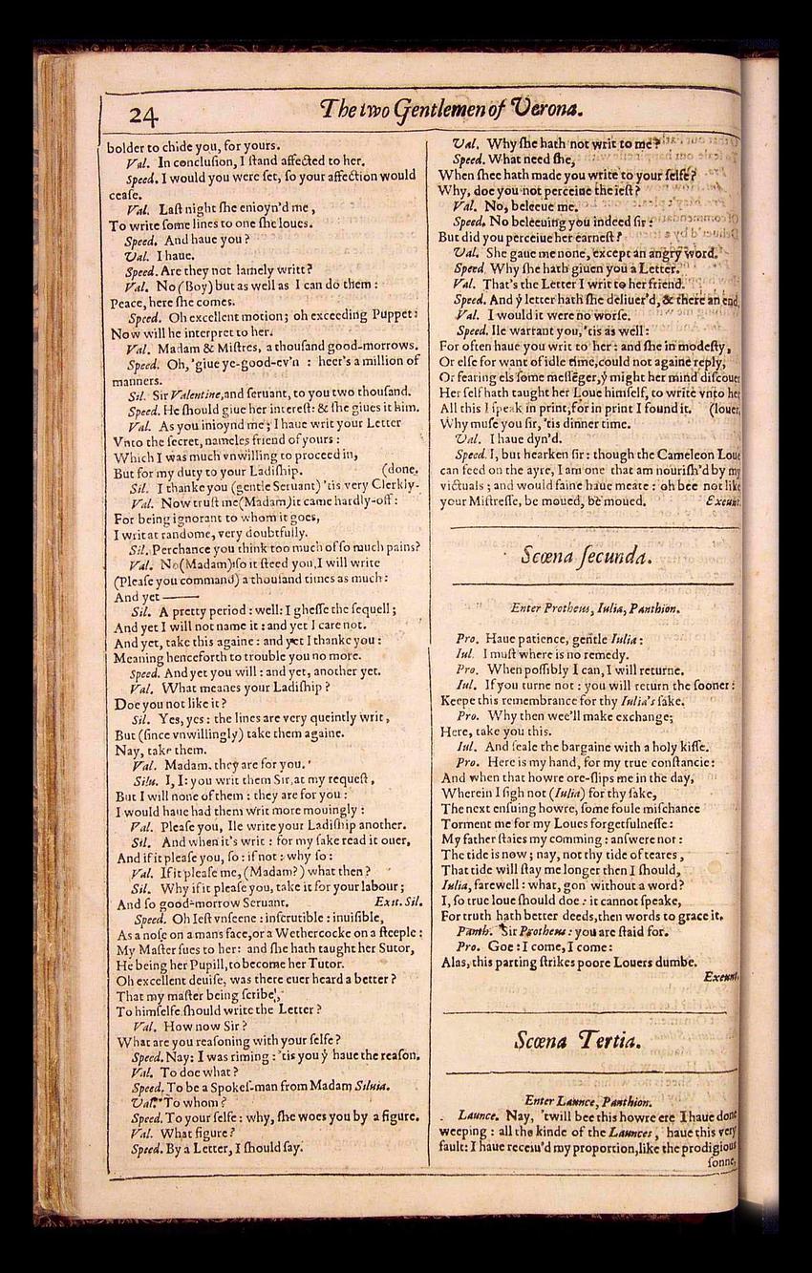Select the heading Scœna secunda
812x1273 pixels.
(587, 556)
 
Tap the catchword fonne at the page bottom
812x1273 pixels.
(723, 1162)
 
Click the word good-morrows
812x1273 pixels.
(367, 347)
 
